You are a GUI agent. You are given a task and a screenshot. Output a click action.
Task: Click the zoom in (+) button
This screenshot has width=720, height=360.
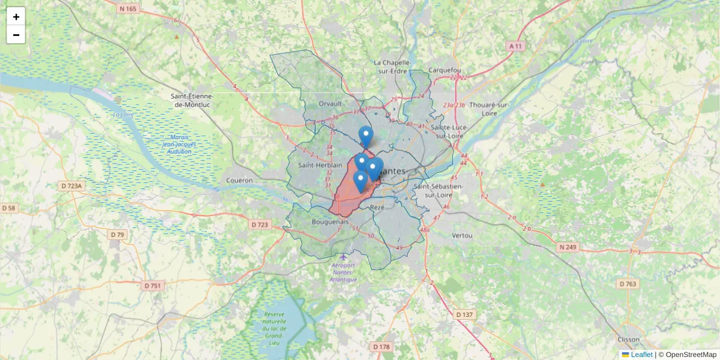[x=16, y=17]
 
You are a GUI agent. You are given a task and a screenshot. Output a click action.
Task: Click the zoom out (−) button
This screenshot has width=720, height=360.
[x=16, y=35]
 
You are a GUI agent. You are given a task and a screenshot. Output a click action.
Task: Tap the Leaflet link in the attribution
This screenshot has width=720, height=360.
[x=641, y=355]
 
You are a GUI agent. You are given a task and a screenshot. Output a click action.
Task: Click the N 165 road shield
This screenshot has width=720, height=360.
[x=128, y=8]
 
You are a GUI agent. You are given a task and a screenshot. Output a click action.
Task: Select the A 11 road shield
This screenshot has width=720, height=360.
[x=515, y=46]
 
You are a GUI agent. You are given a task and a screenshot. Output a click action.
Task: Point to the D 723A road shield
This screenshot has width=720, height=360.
[x=72, y=186]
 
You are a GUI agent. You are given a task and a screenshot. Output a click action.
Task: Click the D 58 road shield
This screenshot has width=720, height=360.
[x=9, y=208]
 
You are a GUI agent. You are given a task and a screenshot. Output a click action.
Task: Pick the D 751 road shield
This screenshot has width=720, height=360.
[x=153, y=286]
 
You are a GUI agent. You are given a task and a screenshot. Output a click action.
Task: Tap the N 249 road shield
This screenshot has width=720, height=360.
[x=568, y=247]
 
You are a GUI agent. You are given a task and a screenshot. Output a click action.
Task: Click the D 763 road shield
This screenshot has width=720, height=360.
[x=628, y=284]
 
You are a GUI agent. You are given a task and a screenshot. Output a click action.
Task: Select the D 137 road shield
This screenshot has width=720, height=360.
[x=464, y=314]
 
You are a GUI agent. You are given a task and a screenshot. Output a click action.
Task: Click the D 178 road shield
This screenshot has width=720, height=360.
[x=382, y=347]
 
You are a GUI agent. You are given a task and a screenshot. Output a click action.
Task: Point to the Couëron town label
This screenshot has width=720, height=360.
[x=240, y=180]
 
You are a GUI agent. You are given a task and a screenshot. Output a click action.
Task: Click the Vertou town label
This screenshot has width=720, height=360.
[x=462, y=235]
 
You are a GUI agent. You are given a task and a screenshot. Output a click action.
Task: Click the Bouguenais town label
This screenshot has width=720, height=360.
[x=327, y=221]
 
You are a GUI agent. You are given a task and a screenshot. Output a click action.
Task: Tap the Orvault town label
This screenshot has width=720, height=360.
[x=330, y=103]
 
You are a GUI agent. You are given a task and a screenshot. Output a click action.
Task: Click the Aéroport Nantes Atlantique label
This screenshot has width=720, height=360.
[x=343, y=272]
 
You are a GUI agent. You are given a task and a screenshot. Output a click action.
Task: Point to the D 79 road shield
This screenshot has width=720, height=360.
[x=118, y=235]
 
